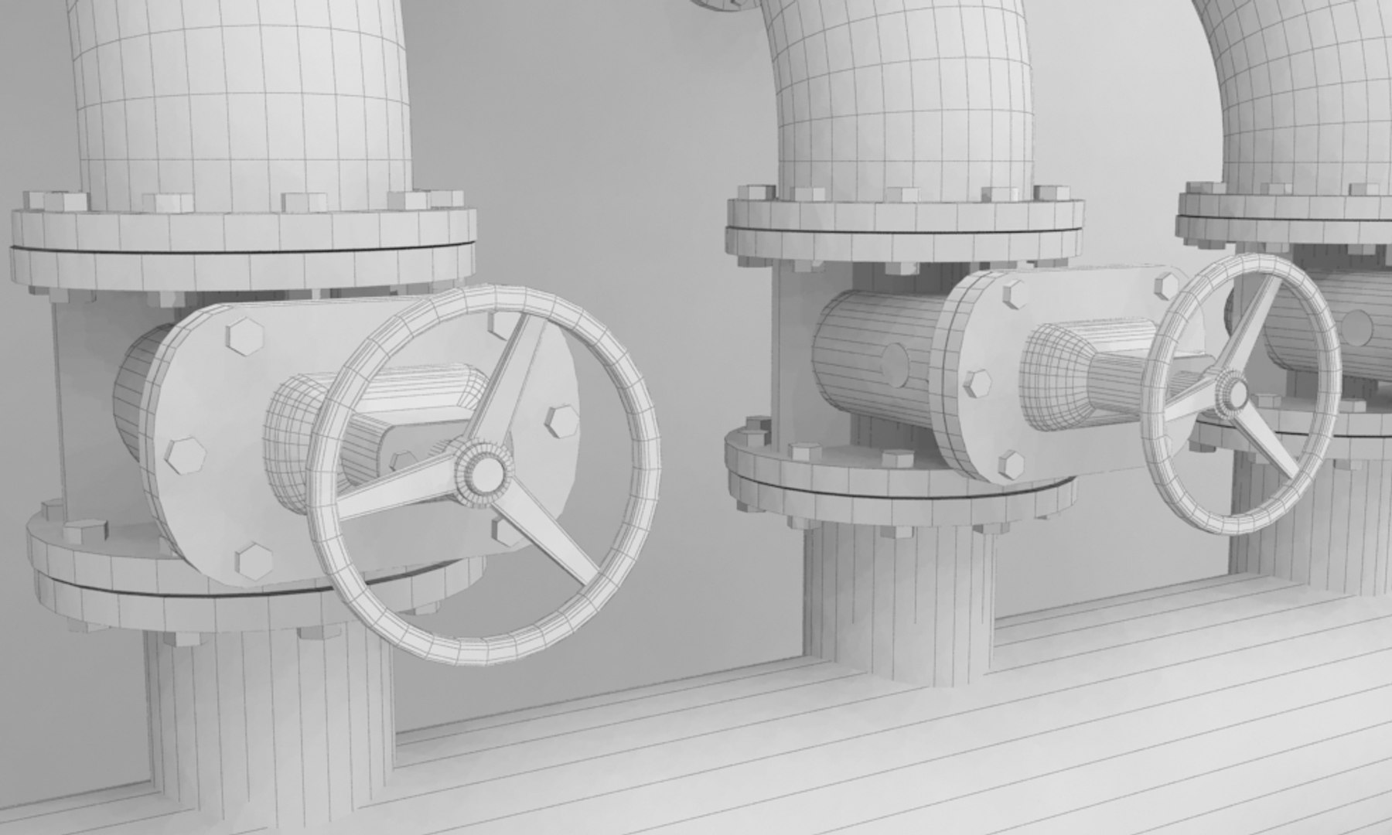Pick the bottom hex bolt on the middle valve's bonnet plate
click(1012, 464)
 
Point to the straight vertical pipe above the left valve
click(240, 101)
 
